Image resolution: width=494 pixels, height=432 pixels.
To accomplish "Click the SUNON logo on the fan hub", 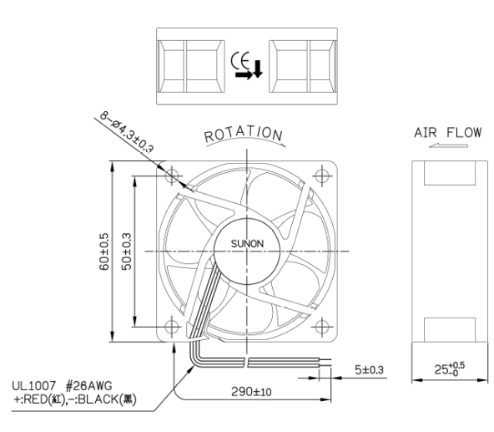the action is pyautogui.click(x=247, y=244).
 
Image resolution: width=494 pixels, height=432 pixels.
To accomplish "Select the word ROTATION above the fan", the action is pyautogui.click(x=243, y=134).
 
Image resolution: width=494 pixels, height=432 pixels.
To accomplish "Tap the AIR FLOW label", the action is pyautogui.click(x=447, y=133).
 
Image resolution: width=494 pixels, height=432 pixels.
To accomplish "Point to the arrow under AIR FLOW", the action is pyautogui.click(x=448, y=145).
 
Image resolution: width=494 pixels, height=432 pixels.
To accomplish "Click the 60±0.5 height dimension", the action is pyautogui.click(x=104, y=252).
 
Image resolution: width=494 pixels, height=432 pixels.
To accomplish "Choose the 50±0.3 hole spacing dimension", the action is pyautogui.click(x=126, y=252).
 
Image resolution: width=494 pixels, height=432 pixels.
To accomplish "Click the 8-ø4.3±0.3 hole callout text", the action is pyautogui.click(x=127, y=131).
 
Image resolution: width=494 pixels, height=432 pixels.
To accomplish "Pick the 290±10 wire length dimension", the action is pyautogui.click(x=251, y=392).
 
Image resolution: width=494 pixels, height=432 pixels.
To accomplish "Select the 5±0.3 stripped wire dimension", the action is pyautogui.click(x=369, y=370).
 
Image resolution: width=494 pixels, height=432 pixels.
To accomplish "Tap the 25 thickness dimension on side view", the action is pyautogui.click(x=450, y=368).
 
